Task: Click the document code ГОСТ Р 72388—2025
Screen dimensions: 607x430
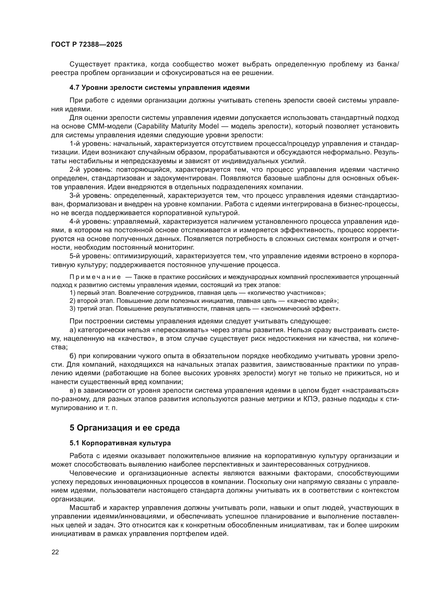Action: click(87, 44)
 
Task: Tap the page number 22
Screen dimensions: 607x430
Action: click(55, 552)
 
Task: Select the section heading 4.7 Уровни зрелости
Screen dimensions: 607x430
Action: click(159, 87)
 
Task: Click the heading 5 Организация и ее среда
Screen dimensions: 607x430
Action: click(125, 428)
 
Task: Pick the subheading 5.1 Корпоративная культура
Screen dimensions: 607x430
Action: click(120, 443)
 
